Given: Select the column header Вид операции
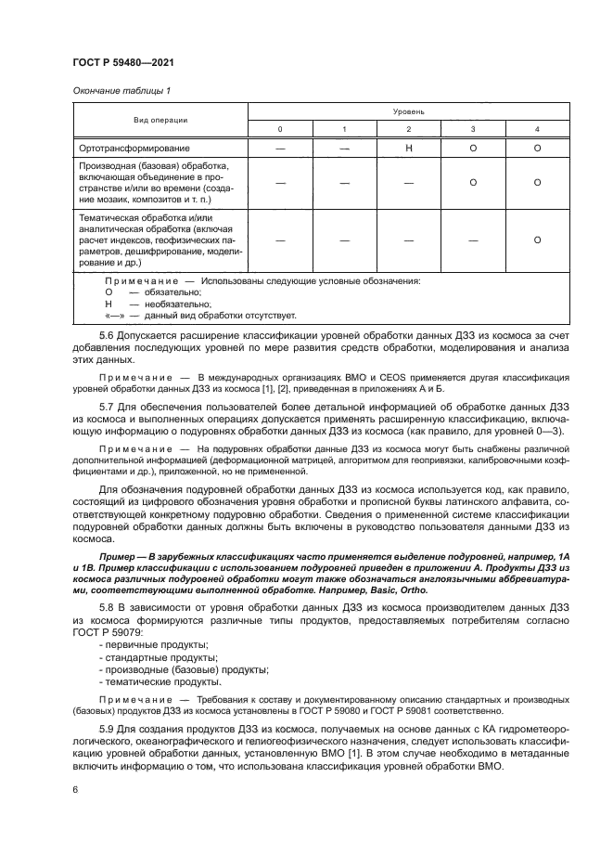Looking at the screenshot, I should [x=160, y=120].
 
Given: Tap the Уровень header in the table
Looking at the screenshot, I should [x=408, y=110].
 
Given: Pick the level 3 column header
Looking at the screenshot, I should [x=473, y=128].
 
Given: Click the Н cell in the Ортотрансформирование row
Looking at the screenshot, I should [x=408, y=148].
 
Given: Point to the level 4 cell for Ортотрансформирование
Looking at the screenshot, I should [x=537, y=148].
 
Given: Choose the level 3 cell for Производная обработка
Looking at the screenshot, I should [x=473, y=182].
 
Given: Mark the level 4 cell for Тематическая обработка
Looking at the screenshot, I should [x=537, y=240].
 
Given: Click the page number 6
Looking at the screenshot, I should [x=75, y=789].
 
